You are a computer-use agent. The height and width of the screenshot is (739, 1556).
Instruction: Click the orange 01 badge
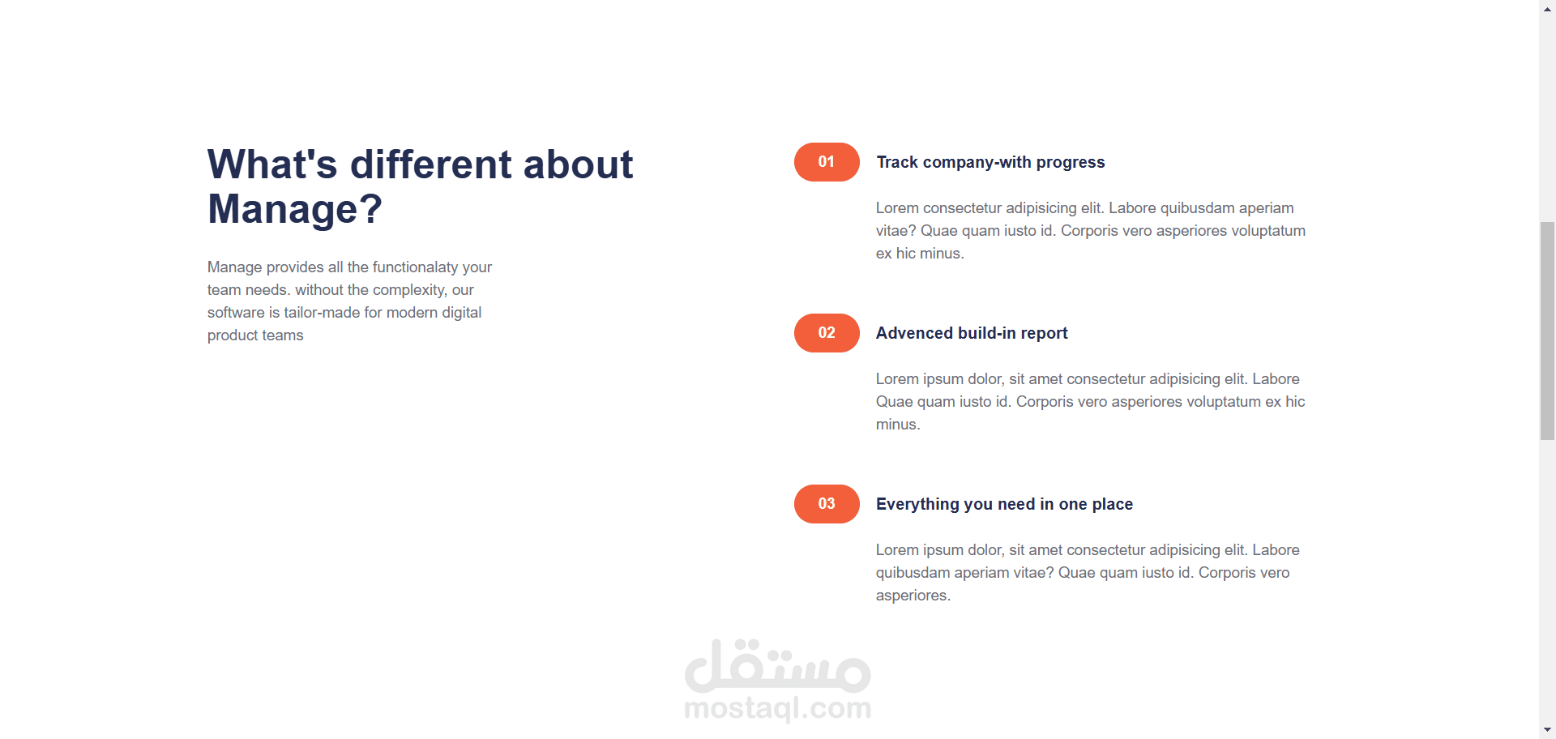pyautogui.click(x=827, y=162)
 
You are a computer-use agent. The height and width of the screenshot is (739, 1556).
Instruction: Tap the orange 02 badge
pyautogui.click(x=827, y=333)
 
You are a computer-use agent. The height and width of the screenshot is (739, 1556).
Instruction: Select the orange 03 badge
pyautogui.click(x=827, y=504)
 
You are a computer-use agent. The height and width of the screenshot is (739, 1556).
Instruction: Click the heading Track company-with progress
pyautogui.click(x=990, y=162)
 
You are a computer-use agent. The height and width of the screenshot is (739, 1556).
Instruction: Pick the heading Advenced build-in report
pyautogui.click(x=972, y=333)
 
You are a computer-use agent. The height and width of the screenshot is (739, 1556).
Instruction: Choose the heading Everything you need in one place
pyautogui.click(x=1004, y=504)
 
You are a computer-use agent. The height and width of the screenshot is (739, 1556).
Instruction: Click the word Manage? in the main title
pyautogui.click(x=294, y=209)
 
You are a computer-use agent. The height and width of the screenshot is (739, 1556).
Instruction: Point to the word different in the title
pyautogui.click(x=430, y=164)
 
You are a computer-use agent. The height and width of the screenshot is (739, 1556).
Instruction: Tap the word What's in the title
pyautogui.click(x=272, y=164)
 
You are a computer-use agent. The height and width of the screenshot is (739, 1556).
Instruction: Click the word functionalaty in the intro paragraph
pyautogui.click(x=415, y=267)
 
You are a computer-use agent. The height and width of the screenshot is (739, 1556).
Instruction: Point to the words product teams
pyautogui.click(x=255, y=335)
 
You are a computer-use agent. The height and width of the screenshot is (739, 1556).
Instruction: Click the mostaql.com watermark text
pyautogui.click(x=778, y=707)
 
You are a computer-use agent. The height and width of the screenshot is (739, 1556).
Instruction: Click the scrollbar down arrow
pyautogui.click(x=1548, y=731)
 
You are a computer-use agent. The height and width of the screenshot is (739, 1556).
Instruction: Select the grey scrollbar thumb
pyautogui.click(x=1548, y=331)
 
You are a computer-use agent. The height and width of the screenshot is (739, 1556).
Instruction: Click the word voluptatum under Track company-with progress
pyautogui.click(x=1268, y=231)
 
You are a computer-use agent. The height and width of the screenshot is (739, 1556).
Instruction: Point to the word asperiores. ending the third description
pyautogui.click(x=913, y=596)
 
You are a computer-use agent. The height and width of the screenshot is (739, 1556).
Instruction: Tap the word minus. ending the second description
pyautogui.click(x=898, y=425)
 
